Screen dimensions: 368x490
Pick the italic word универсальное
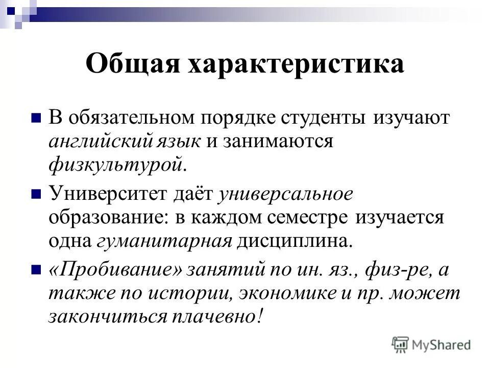pos(285,194)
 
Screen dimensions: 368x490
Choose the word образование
pos(107,217)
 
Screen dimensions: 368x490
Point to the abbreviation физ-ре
pos(399,270)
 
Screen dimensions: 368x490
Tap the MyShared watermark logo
pos(431,345)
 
